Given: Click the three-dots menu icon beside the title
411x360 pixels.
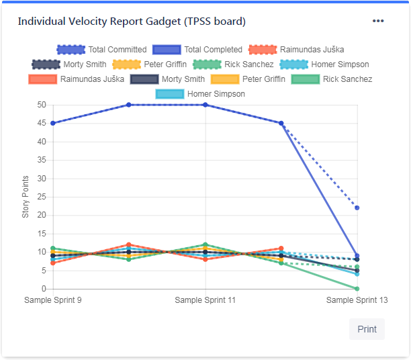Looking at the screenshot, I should coord(378,21).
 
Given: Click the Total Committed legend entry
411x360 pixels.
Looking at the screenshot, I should coord(101,50).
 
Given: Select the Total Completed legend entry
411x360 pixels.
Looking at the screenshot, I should coord(197,50).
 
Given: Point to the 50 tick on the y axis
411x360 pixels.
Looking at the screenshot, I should coord(42,105).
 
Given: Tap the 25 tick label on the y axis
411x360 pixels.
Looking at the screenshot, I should coord(42,197).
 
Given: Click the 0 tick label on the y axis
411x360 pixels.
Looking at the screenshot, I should coord(44,289).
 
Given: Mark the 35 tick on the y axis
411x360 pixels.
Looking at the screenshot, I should coord(42,160).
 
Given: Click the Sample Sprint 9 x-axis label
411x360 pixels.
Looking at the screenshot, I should coord(52,300).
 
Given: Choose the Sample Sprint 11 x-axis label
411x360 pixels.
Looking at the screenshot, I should coord(205,300).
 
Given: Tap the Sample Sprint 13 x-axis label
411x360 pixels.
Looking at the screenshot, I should coord(357,300).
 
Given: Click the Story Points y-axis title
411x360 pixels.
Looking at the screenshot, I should coord(26,197).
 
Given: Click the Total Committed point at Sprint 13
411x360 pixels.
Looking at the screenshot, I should coord(357,208).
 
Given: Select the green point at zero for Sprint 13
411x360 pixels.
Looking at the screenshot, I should coord(357,289).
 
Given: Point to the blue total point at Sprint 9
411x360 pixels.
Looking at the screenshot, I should coord(53,123).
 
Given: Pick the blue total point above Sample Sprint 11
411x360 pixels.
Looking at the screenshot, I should coord(205,105).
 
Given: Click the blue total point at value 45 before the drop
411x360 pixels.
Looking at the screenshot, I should coord(281,123).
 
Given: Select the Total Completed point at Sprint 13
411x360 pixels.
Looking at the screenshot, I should coord(357,256).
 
